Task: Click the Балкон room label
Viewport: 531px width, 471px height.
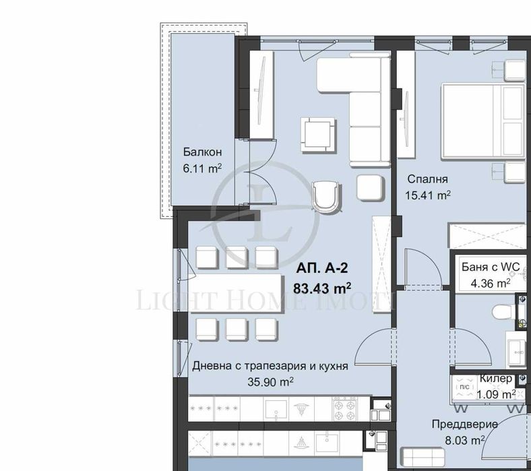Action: [202, 152]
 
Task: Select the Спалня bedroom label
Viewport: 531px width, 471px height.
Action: [427, 180]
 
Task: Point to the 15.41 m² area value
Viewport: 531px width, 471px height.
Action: [427, 195]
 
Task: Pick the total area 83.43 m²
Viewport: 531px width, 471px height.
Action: [321, 288]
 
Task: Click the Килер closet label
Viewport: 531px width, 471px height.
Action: [495, 379]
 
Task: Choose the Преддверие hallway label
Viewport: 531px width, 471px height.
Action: [465, 424]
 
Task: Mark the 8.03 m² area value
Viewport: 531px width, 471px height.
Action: [465, 440]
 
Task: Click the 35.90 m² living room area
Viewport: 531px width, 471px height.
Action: [271, 381]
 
